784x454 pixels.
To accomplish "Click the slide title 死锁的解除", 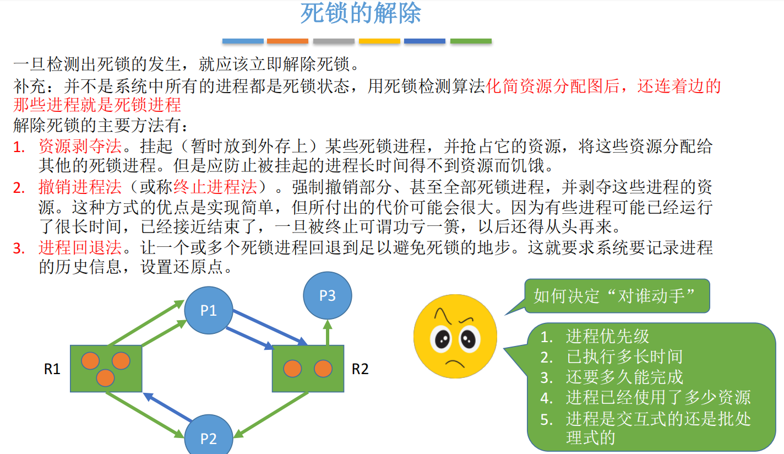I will point(361,14).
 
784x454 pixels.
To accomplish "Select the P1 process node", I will point(208,311).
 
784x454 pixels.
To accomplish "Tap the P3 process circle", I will point(327,296).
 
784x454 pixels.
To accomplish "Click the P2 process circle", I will point(208,438).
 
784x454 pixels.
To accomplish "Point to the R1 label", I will point(52,369).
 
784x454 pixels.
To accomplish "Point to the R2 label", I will point(360,369).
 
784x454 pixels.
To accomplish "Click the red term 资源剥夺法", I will point(80,147).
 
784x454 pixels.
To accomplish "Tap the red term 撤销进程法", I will point(80,187).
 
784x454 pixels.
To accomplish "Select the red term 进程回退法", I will point(80,248).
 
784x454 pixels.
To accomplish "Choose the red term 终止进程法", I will point(215,187).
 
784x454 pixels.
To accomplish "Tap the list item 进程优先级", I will point(607,336).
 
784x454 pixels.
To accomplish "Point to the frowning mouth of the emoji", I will point(455,364).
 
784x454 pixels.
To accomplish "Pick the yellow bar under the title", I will point(379,41).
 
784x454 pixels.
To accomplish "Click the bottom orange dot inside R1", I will point(105,378).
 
